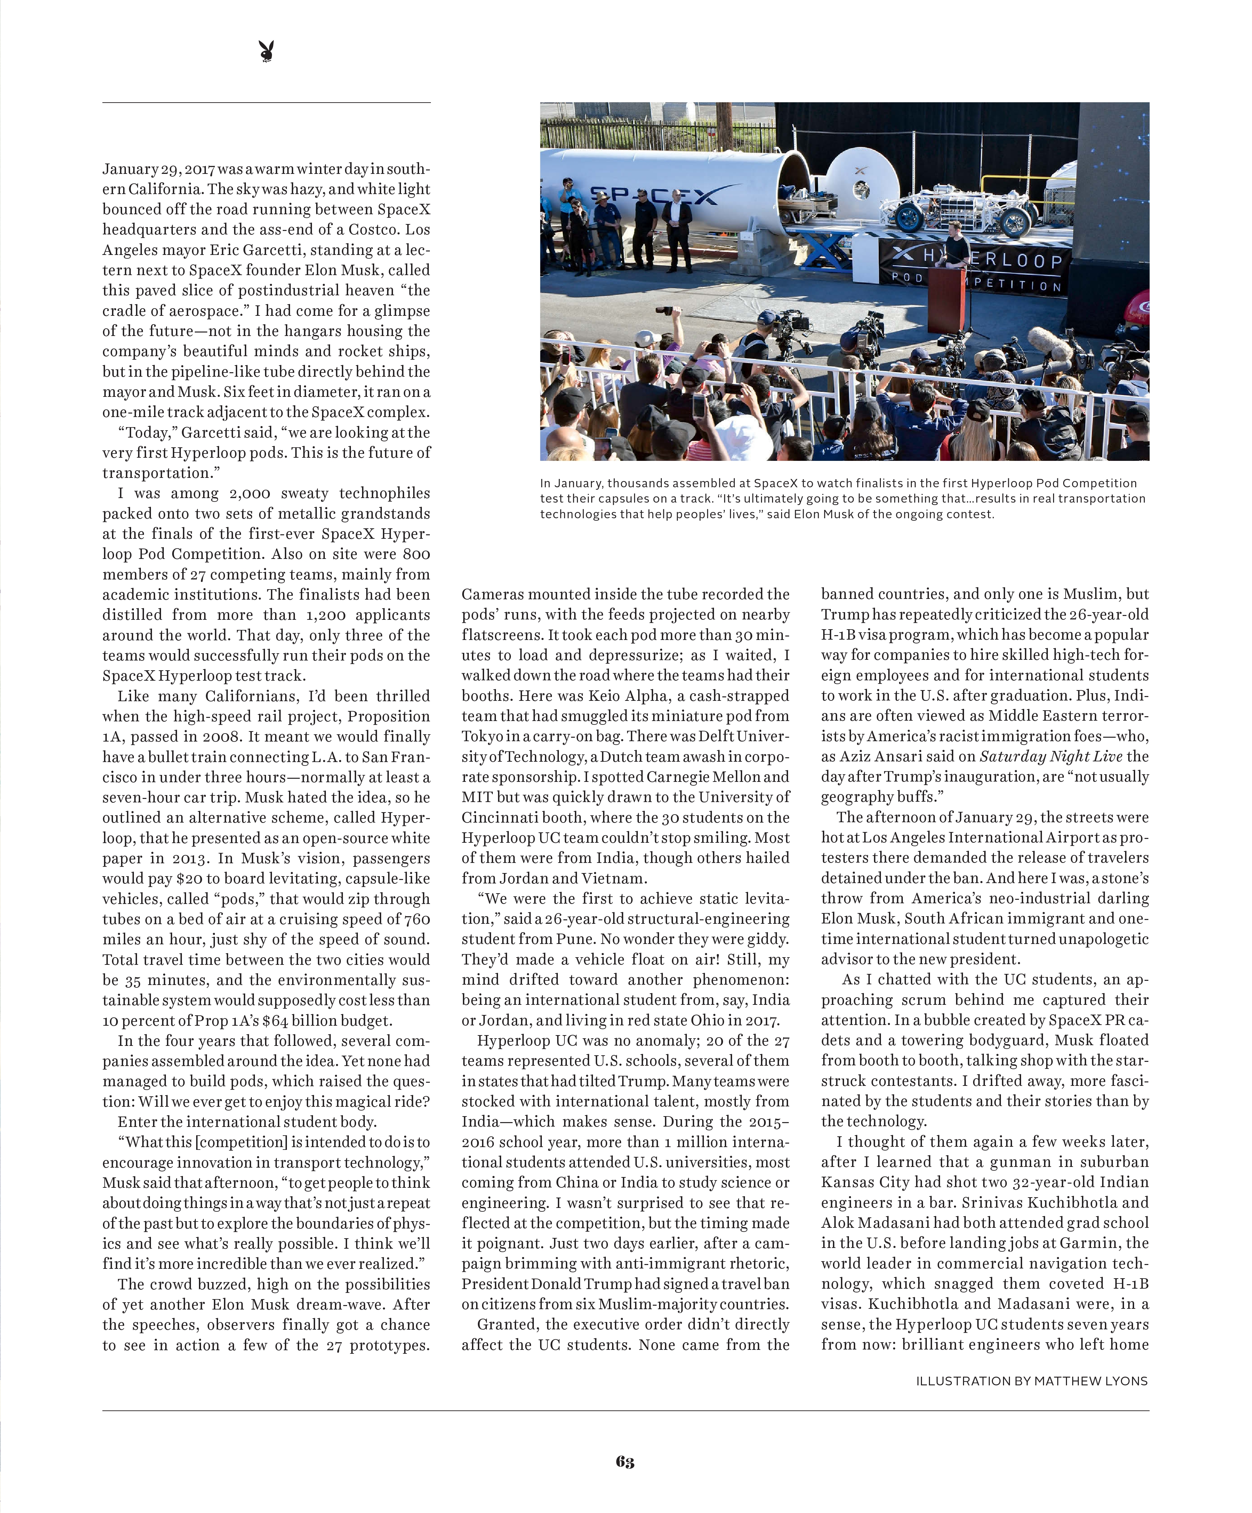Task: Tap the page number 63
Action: coord(625,1461)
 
